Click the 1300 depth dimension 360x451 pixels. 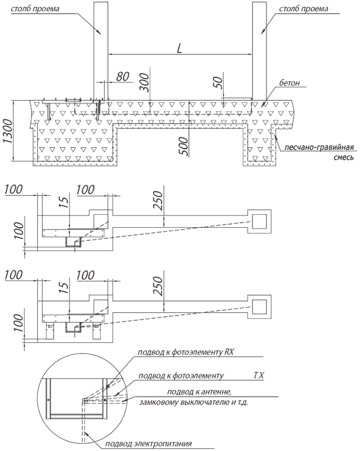pyautogui.click(x=8, y=131)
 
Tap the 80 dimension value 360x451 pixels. pyautogui.click(x=122, y=77)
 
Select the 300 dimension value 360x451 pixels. pyautogui.click(x=145, y=83)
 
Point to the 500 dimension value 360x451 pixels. pyautogui.click(x=185, y=146)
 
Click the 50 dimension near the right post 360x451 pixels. pyautogui.click(x=219, y=82)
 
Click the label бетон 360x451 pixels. pyautogui.click(x=289, y=82)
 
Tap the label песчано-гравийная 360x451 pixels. pyautogui.click(x=319, y=147)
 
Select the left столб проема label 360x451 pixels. pyautogui.click(x=35, y=9)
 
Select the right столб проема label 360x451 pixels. pyautogui.click(x=303, y=9)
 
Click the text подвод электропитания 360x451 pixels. pyautogui.click(x=149, y=444)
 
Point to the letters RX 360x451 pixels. pyautogui.click(x=228, y=352)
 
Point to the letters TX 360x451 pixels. pyautogui.click(x=259, y=375)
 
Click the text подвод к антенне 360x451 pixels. pyautogui.click(x=199, y=391)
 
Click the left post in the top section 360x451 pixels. pyautogui.click(x=101, y=50)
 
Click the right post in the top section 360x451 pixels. pyautogui.click(x=259, y=50)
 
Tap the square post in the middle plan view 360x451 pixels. pyautogui.click(x=259, y=221)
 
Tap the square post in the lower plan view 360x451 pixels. pyautogui.click(x=259, y=307)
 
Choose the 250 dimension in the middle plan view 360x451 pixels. pyautogui.click(x=158, y=200)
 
